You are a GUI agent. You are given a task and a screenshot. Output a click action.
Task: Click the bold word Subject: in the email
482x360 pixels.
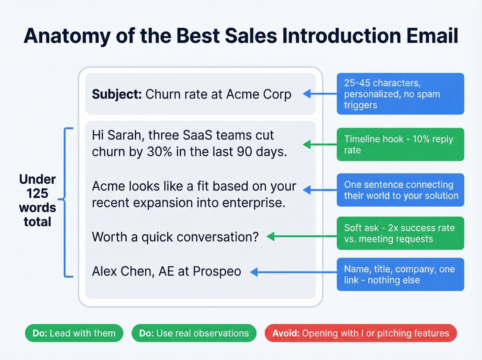[116, 94]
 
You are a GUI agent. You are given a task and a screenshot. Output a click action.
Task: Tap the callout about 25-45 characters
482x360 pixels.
[400, 94]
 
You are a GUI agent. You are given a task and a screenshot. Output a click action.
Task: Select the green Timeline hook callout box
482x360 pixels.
[400, 144]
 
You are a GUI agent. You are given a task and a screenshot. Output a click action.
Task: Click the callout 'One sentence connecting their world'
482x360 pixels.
[400, 190]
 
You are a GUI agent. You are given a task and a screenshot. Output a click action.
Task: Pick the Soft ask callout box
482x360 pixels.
[400, 233]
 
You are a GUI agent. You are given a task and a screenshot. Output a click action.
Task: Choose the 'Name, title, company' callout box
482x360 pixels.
[400, 274]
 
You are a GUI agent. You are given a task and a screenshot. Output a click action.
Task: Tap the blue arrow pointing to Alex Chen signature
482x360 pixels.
[293, 272]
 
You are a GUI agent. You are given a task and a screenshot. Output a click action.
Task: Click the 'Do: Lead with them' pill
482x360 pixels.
[74, 333]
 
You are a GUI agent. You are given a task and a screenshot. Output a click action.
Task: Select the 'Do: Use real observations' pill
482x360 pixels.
[194, 333]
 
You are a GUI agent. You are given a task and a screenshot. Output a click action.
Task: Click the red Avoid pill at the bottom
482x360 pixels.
[360, 333]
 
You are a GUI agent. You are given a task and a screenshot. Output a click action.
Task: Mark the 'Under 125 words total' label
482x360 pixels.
[37, 200]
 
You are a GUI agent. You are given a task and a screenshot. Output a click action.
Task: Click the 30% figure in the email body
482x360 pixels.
[159, 152]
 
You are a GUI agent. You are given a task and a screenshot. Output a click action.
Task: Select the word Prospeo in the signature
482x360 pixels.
[217, 271]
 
